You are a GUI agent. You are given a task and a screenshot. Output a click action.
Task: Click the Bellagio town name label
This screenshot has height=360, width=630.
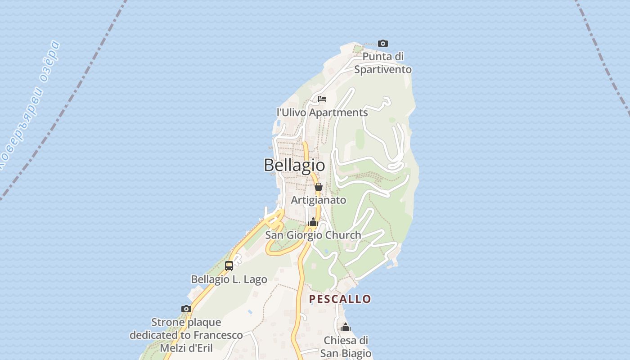pos(294,165)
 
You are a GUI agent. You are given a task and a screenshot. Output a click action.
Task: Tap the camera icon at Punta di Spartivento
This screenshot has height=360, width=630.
pos(383,44)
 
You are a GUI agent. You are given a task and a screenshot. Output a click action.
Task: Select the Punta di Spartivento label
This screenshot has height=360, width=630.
pos(383,63)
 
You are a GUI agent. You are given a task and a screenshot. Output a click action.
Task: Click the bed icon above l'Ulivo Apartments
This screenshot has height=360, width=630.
pos(322,99)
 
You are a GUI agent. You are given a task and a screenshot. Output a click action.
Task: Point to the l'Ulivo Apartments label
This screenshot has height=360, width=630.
pos(322,112)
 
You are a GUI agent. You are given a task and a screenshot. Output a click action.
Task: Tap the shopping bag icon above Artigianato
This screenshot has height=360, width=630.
pos(319,187)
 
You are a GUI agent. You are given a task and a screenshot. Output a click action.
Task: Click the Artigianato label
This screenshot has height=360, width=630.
pos(319,200)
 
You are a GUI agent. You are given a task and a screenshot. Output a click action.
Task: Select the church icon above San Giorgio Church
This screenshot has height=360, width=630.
pos(313,222)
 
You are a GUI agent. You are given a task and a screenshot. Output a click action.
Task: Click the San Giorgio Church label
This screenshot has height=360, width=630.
pos(313,235)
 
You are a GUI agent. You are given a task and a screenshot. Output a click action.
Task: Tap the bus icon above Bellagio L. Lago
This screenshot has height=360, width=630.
pos(229,265)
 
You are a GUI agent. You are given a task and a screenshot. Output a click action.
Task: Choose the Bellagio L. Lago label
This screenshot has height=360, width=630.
pos(229,279)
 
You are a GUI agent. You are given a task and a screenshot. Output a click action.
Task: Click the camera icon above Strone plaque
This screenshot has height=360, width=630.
pos(186,309)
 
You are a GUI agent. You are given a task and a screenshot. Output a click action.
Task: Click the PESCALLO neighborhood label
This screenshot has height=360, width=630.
pos(340,299)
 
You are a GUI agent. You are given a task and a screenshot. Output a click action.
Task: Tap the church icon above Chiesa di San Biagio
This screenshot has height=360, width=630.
pos(346,327)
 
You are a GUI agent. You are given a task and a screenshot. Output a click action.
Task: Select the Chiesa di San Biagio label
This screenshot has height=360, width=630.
pos(346,346)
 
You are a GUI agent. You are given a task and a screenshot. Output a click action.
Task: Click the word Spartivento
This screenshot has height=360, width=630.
pos(383,69)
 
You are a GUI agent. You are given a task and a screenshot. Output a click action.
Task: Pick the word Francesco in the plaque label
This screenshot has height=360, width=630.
pos(218,335)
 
